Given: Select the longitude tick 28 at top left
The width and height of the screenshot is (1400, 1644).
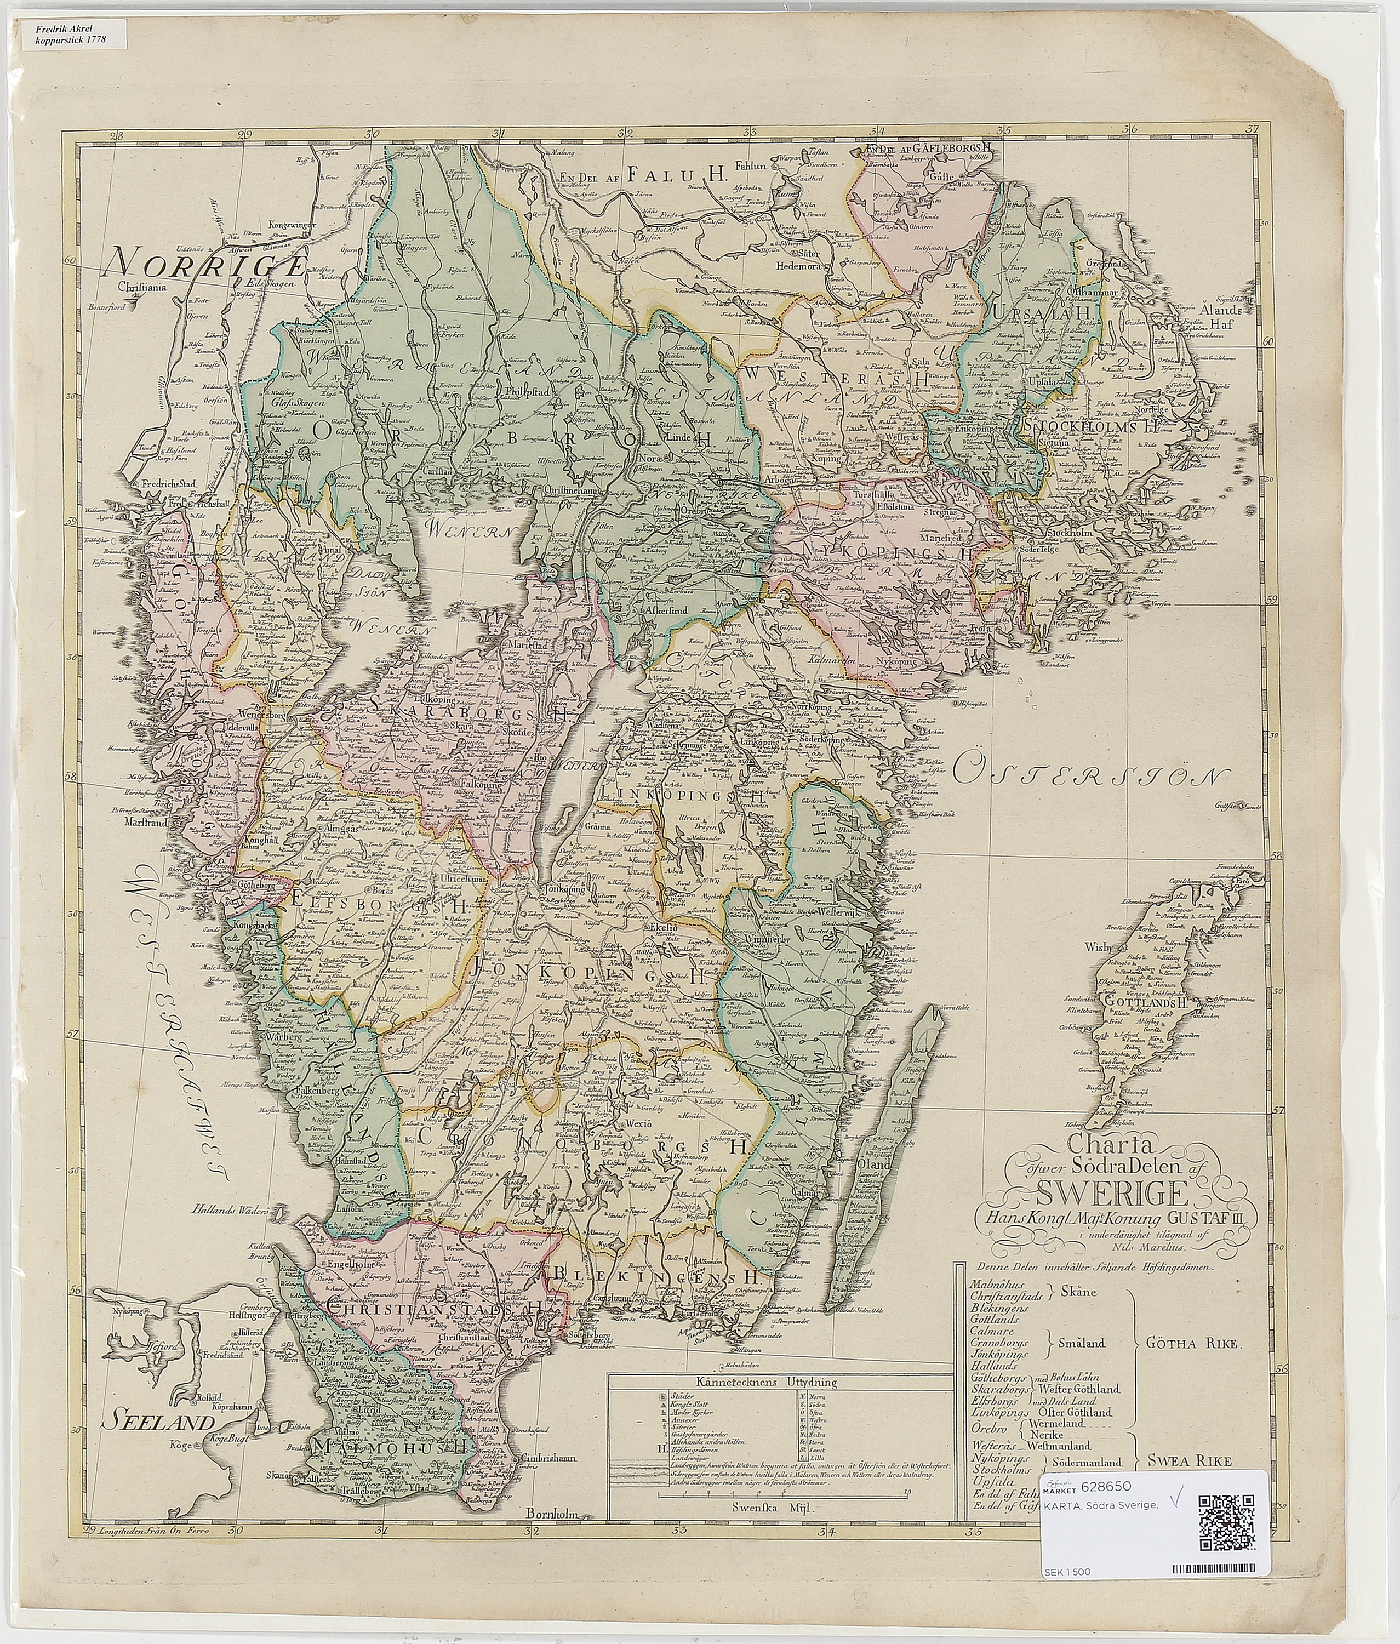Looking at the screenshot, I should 117,135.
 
